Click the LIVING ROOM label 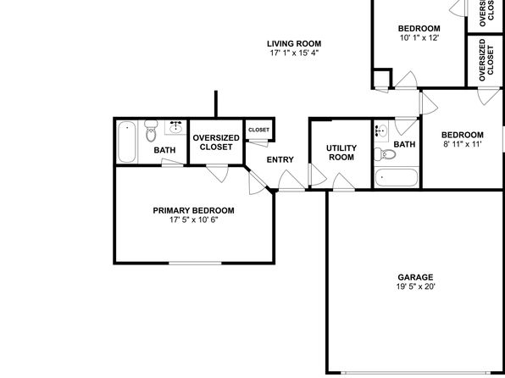[x=294, y=43]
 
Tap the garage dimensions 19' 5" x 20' [x=415, y=286]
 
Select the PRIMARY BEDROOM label [x=193, y=210]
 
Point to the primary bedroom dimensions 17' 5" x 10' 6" [x=194, y=220]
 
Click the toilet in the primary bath [x=151, y=131]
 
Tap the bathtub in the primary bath [x=126, y=142]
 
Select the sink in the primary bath [x=175, y=127]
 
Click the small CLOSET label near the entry [x=259, y=130]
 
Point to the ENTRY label [x=280, y=159]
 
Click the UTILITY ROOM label [x=341, y=153]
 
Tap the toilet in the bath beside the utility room [x=385, y=154]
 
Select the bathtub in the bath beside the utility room [x=397, y=178]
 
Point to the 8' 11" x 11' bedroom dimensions [x=462, y=144]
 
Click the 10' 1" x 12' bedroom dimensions [x=419, y=37]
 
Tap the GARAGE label [x=415, y=277]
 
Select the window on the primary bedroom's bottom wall [x=195, y=264]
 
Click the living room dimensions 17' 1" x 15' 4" [x=294, y=53]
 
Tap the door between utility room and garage [x=344, y=182]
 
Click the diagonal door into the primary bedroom [x=258, y=183]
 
